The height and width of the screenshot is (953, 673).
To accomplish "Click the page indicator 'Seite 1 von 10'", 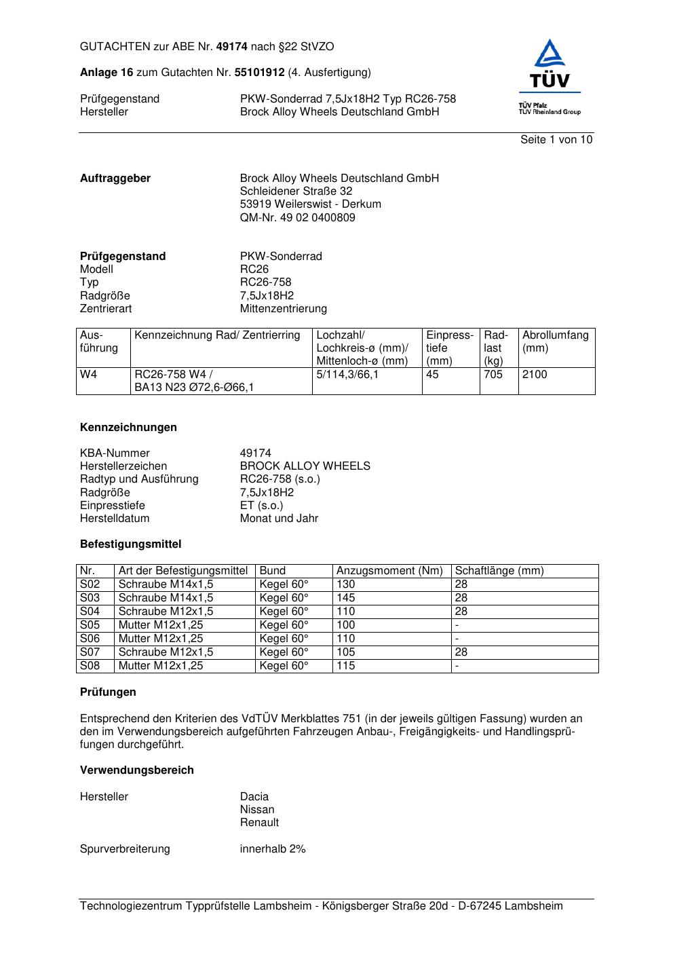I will [x=556, y=140].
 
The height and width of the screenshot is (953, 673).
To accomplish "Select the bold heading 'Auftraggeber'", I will [x=115, y=179].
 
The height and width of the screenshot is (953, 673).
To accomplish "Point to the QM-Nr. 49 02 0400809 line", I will [x=297, y=218].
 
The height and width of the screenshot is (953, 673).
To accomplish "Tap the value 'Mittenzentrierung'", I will [x=283, y=309].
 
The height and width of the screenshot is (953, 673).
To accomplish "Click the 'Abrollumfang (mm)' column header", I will [x=555, y=341].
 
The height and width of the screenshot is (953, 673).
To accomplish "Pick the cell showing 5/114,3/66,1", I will [x=347, y=375].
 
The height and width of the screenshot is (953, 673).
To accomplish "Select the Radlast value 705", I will [x=493, y=375].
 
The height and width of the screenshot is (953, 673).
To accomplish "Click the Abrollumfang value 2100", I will [x=535, y=375].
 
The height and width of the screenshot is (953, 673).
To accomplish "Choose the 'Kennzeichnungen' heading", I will [x=128, y=428].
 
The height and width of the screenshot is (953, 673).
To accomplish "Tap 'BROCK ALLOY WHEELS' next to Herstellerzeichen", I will [x=305, y=466].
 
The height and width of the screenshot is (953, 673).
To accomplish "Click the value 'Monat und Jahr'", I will [x=279, y=519].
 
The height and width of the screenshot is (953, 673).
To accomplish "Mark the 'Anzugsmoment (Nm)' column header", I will [x=389, y=571].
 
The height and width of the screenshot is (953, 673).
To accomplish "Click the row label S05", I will [x=90, y=625].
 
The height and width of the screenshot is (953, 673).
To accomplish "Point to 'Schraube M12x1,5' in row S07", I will [x=166, y=652].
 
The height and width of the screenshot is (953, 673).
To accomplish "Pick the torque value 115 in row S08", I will [x=345, y=666].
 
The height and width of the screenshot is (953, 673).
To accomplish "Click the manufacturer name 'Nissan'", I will [x=257, y=810].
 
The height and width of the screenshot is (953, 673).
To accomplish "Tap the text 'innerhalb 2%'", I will [x=273, y=849].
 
